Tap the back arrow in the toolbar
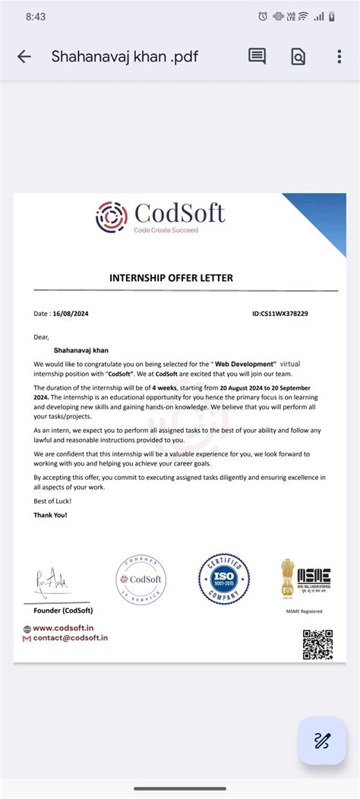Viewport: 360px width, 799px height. point(24,56)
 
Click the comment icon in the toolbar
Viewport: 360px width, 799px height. point(257,56)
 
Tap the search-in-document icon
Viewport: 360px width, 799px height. point(298,56)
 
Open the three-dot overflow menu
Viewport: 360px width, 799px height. point(339,56)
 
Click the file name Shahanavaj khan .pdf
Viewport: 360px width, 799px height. point(125,56)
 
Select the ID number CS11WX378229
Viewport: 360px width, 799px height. point(283,313)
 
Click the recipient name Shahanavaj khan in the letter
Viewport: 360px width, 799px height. point(81,351)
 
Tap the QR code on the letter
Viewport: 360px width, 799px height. point(317,644)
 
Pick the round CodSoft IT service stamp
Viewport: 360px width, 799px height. point(141,579)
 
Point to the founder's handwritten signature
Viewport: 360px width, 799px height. point(52,582)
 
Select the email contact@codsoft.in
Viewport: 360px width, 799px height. point(70,638)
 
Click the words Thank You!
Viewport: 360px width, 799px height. point(50,515)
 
